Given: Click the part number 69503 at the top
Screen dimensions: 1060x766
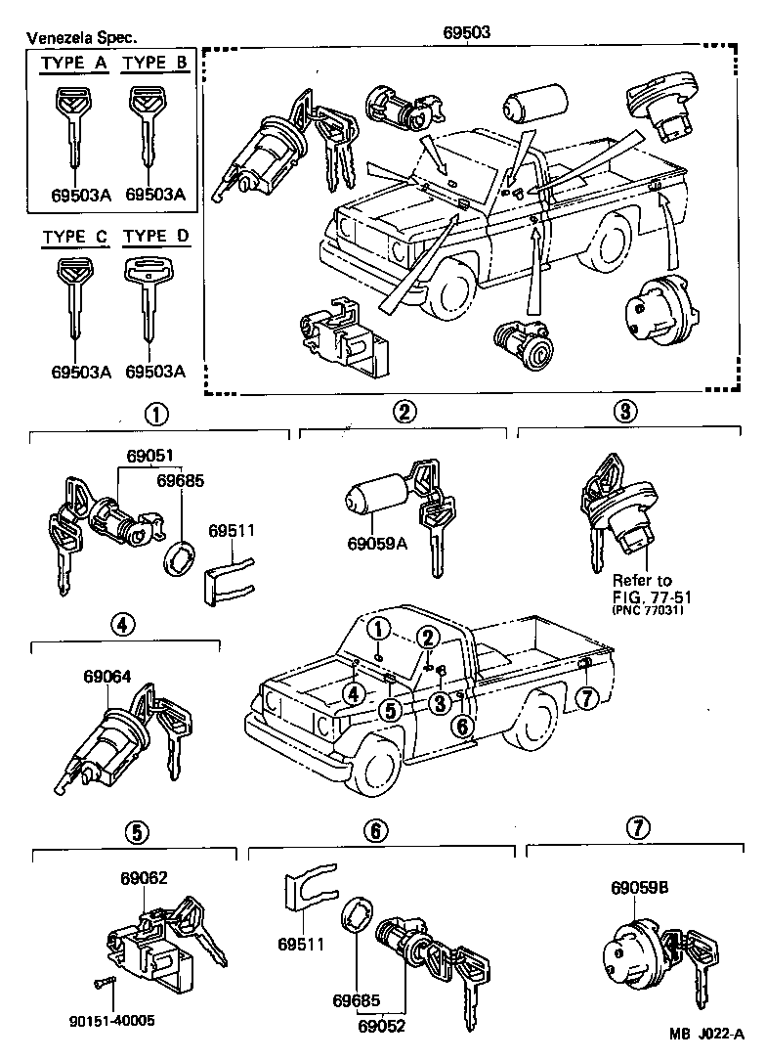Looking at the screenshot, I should click(464, 31).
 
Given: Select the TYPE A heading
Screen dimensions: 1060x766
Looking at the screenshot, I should click(74, 65).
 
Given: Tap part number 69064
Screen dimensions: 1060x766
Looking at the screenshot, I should click(106, 675).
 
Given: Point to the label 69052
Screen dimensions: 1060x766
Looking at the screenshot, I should click(381, 1026).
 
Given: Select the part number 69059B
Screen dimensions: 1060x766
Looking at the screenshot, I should click(639, 888).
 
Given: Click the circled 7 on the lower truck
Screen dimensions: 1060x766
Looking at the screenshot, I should click(585, 698).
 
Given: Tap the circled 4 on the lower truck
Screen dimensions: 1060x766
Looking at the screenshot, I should click(354, 693).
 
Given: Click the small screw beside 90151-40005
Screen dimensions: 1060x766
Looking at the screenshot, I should click(105, 982).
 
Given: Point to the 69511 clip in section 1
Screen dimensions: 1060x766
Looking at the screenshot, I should click(228, 577).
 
